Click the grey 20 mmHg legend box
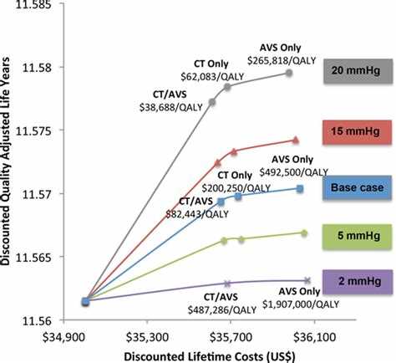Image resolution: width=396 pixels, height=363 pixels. click(358, 71)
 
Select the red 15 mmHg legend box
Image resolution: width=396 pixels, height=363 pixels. click(358, 132)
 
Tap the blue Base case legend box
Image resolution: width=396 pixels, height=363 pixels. click(358, 187)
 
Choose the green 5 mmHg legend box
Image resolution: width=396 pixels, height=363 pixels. click(358, 237)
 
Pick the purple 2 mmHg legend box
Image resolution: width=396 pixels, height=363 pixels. click(358, 282)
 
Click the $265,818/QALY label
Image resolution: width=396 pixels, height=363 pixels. click(282, 61)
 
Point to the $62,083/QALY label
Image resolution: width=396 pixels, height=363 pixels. click(212, 77)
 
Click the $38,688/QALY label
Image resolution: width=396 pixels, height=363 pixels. click(171, 107)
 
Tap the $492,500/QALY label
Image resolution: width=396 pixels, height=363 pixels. click(294, 172)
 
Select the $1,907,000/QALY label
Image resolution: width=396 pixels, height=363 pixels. click(301, 304)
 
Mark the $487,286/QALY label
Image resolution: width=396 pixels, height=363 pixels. click(222, 310)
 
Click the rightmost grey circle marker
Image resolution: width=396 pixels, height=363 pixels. click(289, 73)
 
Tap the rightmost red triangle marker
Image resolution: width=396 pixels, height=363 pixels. click(296, 141)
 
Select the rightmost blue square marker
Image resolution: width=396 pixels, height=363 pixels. click(300, 189)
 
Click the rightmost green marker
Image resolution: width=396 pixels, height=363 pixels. click(304, 233)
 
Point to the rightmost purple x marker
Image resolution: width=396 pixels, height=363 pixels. click(307, 280)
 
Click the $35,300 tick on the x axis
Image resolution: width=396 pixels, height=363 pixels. click(147, 338)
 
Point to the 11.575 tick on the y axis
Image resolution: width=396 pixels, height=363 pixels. click(33, 130)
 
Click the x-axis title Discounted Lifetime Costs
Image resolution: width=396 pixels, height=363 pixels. click(209, 357)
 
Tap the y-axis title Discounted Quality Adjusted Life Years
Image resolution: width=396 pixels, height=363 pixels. click(6, 161)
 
